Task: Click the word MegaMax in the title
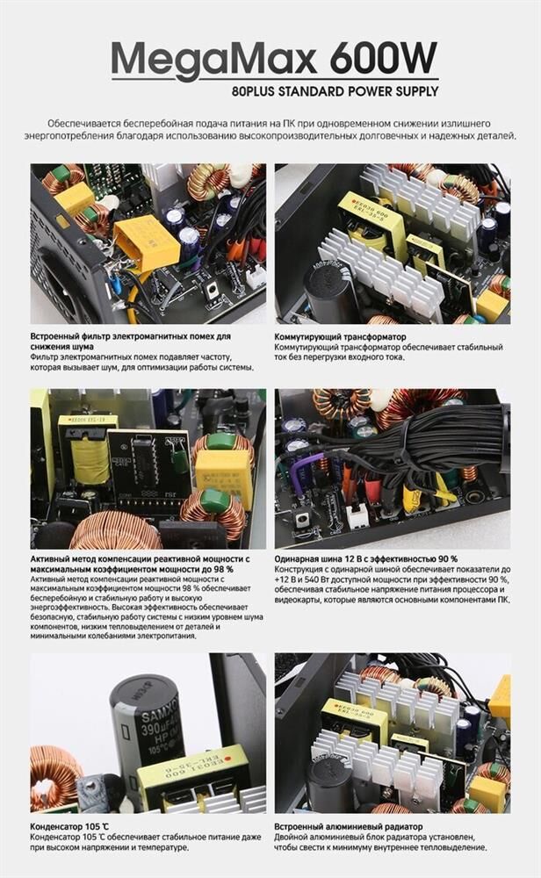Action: click(214, 59)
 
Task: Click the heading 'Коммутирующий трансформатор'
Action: click(340, 337)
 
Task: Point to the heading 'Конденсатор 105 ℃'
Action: click(69, 826)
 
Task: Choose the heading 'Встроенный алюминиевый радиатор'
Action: click(349, 826)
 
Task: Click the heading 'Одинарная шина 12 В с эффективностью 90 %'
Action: click(365, 558)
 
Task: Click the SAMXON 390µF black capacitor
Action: click(146, 723)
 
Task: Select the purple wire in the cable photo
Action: click(302, 469)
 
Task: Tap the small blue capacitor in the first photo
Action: click(116, 284)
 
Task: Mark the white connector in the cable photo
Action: click(357, 515)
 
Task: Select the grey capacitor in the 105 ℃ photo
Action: click(94, 788)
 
